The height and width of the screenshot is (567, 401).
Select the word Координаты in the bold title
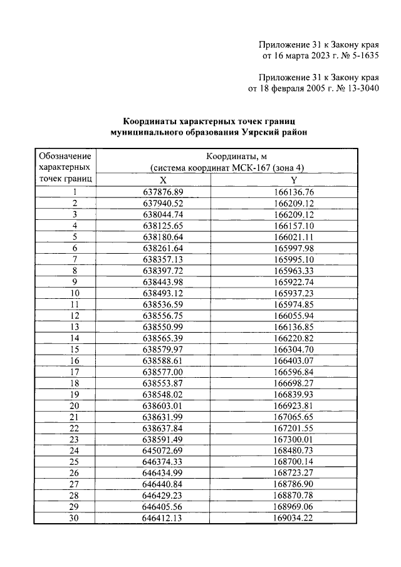pyautogui.click(x=151, y=122)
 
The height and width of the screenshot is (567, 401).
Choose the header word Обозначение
pyautogui.click(x=65, y=156)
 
